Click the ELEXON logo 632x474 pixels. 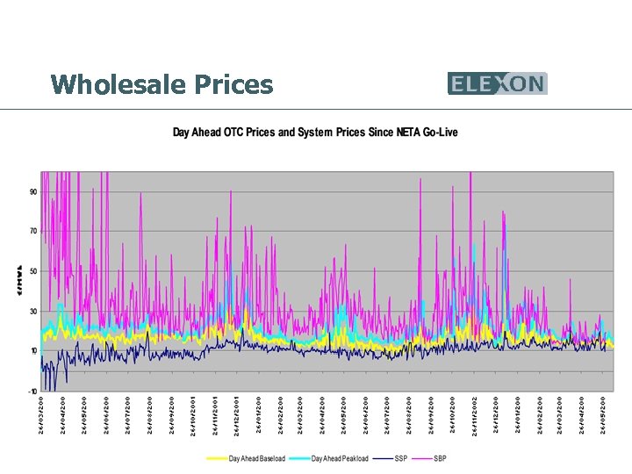click(497, 83)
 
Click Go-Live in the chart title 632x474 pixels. click(439, 133)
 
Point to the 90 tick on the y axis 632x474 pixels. click(32, 191)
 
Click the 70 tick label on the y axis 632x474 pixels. click(32, 232)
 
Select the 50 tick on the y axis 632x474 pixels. click(32, 271)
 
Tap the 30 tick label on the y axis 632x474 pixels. click(32, 312)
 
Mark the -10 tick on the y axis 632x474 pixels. click(32, 391)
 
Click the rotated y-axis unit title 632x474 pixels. click(18, 279)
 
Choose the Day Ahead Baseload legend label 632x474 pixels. click(257, 459)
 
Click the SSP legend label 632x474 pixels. click(401, 459)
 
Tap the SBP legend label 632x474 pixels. click(441, 459)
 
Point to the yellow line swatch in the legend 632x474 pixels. click(217, 459)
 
